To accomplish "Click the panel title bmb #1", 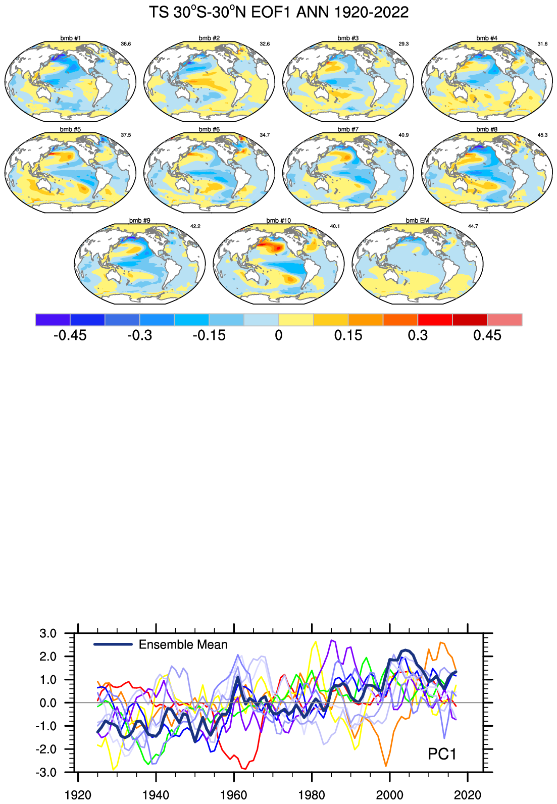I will [x=70, y=38].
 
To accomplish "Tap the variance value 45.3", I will [x=542, y=135].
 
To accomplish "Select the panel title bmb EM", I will [x=417, y=221].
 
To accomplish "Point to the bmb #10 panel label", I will [x=279, y=221].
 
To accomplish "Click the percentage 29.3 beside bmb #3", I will [x=403, y=44].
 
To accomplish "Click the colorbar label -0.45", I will [x=70, y=335].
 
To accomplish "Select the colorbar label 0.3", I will [x=418, y=335].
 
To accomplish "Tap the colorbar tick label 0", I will [x=279, y=335].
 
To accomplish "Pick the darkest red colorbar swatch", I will [x=470, y=320].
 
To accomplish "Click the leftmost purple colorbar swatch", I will [x=53, y=320].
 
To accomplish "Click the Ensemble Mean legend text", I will [x=183, y=645].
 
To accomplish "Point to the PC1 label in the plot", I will [x=442, y=754].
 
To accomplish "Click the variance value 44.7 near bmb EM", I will [x=473, y=226].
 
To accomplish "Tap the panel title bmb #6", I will [x=209, y=130].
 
